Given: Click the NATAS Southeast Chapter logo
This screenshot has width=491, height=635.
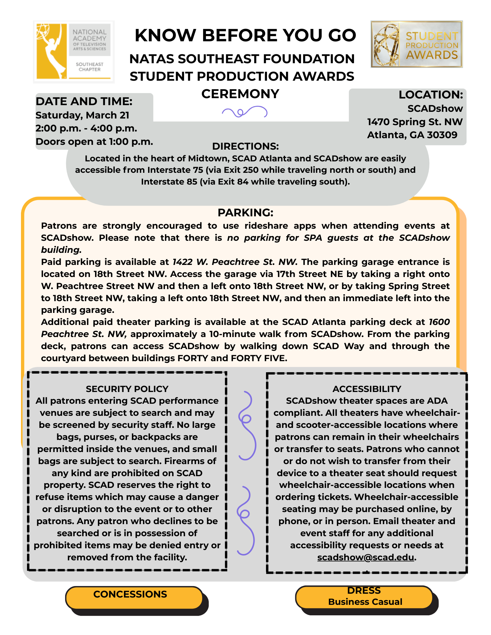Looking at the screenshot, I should pyautogui.click(x=74, y=52).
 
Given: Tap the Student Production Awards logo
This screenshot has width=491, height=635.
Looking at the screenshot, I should pyautogui.click(x=416, y=44).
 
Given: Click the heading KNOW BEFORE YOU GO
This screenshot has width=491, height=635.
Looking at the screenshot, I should pyautogui.click(x=245, y=35).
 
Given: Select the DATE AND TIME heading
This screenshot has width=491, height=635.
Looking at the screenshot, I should pyautogui.click(x=84, y=101).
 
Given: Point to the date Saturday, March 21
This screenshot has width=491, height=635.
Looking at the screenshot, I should pyautogui.click(x=82, y=115).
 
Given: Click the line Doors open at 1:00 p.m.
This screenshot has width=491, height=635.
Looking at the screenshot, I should pyautogui.click(x=94, y=141).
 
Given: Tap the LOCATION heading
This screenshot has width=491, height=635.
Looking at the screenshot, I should pyautogui.click(x=431, y=95).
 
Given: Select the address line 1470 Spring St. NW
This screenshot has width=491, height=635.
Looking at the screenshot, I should pyautogui.click(x=415, y=122).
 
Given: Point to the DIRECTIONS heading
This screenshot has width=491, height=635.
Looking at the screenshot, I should pyautogui.click(x=245, y=146).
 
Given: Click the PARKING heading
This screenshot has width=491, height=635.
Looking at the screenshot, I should pyautogui.click(x=245, y=213).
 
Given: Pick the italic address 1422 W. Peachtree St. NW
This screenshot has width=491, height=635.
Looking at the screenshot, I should pyautogui.click(x=235, y=262).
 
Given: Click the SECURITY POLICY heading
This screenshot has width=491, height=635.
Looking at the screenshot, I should pyautogui.click(x=127, y=389).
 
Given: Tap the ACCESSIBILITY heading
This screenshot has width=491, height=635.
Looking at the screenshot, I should pyautogui.click(x=367, y=389).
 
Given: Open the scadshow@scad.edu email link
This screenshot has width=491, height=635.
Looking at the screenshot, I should pyautogui.click(x=365, y=557).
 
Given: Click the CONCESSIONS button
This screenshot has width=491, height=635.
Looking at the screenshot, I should pyautogui.click(x=130, y=594).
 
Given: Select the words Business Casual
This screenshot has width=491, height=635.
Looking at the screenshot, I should pyautogui.click(x=365, y=602).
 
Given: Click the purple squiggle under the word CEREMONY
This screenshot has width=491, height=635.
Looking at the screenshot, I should pyautogui.click(x=245, y=112).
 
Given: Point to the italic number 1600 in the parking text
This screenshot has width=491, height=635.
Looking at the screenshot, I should pyautogui.click(x=439, y=322).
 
